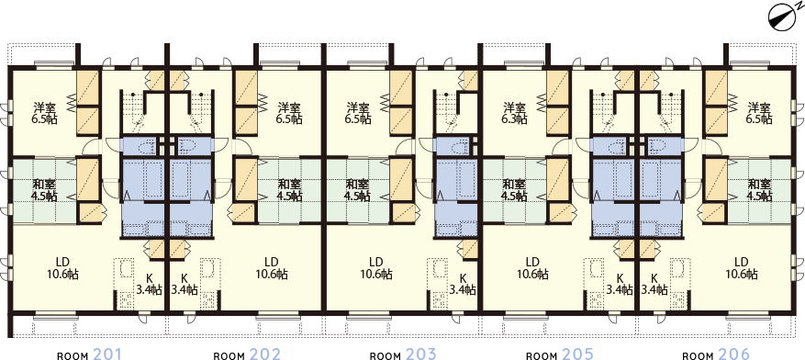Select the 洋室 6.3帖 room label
[514, 112]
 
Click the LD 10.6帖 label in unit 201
[63, 266]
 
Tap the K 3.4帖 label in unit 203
[463, 283]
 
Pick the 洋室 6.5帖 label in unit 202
[289, 112]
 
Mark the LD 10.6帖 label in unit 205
[531, 266]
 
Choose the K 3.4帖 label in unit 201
[149, 283]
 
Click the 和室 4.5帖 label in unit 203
[358, 189]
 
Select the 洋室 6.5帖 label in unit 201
[44, 112]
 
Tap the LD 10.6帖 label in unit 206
[741, 266]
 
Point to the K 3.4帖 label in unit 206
[654, 283]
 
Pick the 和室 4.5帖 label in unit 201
[44, 189]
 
